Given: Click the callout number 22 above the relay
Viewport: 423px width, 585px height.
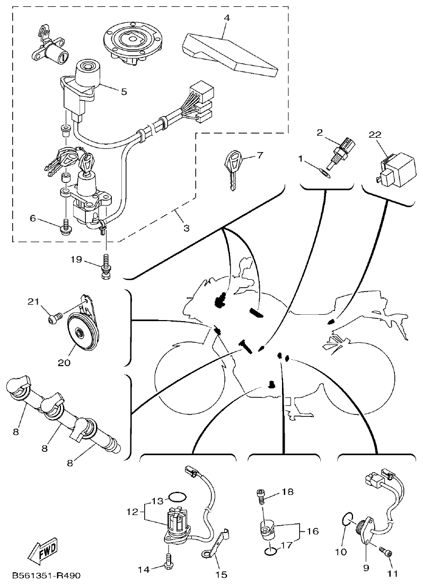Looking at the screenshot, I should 375,136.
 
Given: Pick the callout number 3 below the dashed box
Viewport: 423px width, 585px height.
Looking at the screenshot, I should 186,228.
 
